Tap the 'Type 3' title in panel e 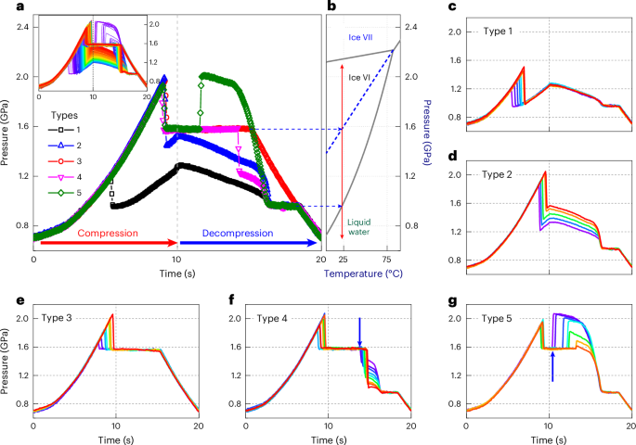tap(59, 318)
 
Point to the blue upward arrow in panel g tap(552, 367)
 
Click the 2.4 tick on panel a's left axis tap(19, 26)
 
